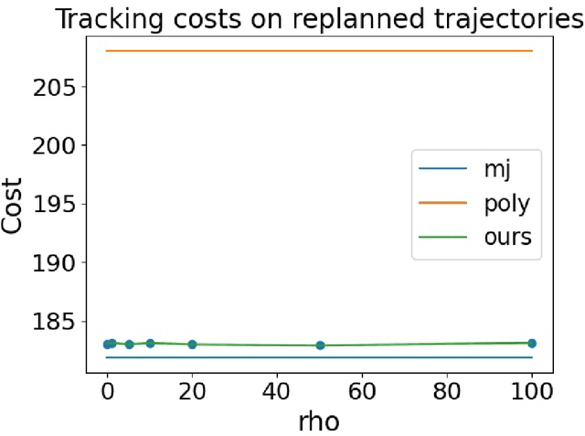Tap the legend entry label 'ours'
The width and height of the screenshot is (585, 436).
506,237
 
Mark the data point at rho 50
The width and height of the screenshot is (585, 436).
320,346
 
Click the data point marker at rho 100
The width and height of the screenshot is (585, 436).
532,343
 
